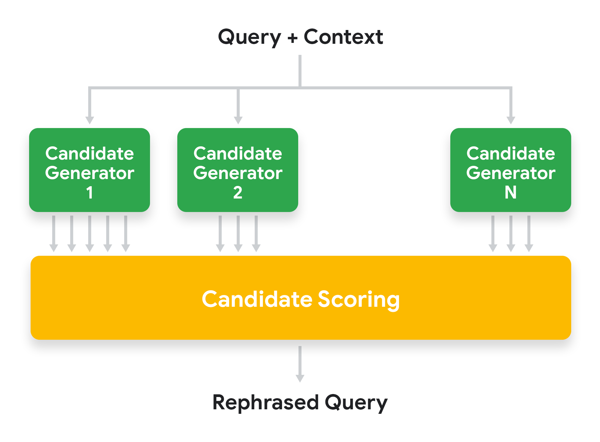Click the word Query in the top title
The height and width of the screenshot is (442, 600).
click(249, 37)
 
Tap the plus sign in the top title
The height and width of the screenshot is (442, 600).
click(292, 38)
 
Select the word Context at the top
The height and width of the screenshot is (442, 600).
click(343, 37)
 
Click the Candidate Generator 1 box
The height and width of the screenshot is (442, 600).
click(89, 170)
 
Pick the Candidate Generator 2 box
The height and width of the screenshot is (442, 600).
click(238, 170)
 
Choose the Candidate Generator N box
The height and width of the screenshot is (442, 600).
click(511, 170)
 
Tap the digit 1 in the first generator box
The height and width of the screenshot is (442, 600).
click(89, 193)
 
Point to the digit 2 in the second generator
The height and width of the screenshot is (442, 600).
click(238, 193)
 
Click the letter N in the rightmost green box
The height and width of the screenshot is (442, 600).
click(511, 193)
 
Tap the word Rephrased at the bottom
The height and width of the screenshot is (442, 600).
click(265, 402)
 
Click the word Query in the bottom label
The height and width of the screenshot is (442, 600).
click(356, 403)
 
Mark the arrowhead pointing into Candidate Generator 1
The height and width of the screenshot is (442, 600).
click(90, 120)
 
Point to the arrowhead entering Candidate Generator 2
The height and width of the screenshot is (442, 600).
click(238, 120)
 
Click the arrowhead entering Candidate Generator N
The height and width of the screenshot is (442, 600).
click(511, 120)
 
